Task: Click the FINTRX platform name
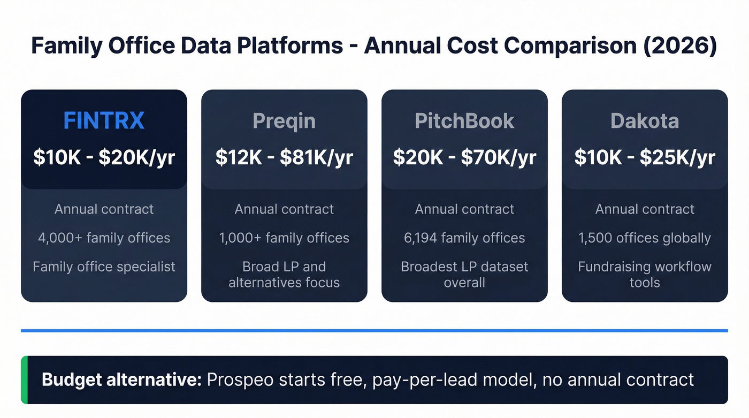point(104,121)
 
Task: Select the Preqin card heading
point(284,121)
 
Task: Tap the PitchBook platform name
point(464,121)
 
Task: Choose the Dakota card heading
point(645,121)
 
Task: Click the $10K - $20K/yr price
point(104,157)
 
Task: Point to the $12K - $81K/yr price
point(284,157)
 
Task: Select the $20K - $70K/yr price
point(464,157)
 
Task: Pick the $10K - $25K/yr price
point(645,157)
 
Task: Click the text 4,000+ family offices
point(104,238)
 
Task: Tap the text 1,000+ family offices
point(284,238)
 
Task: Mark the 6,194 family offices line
point(464,238)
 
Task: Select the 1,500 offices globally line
point(645,238)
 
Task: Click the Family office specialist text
point(104,267)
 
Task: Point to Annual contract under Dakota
point(645,209)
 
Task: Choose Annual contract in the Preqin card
point(284,209)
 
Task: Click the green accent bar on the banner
point(24,380)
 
